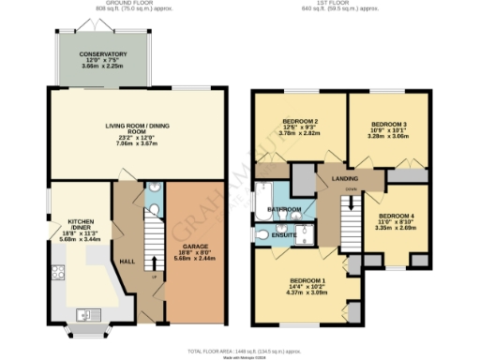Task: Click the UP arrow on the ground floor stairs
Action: point(154,277)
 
